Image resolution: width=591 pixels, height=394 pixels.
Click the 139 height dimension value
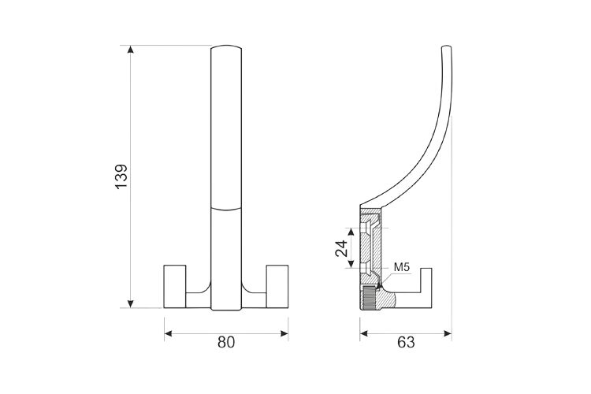[x=121, y=177]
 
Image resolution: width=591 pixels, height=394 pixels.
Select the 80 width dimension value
[x=226, y=342]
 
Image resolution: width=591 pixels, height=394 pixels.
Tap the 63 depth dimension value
[x=406, y=342]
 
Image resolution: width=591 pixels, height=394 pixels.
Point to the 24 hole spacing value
[x=341, y=248]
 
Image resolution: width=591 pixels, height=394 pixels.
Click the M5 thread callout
[x=401, y=267]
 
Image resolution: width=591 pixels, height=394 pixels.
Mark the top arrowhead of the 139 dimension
[x=130, y=49]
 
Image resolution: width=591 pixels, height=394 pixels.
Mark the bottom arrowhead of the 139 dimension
[x=130, y=304]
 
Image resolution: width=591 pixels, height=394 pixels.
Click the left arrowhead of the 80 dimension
[x=168, y=333]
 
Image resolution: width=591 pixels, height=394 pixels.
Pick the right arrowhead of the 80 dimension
[x=284, y=333]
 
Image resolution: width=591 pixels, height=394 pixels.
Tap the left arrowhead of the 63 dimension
[x=364, y=333]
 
